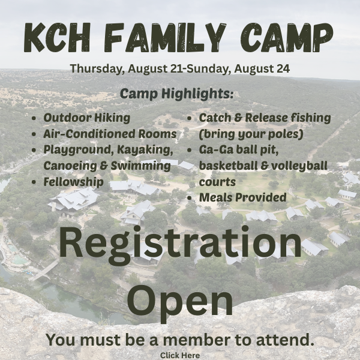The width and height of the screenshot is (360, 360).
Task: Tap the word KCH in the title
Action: pos(57,37)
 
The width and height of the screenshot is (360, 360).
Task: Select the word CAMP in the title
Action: pos(287,37)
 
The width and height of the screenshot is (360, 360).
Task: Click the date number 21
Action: pos(178,68)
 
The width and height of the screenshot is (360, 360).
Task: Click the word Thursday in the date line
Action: pos(96,68)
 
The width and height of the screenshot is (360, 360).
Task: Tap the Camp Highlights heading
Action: pos(176,94)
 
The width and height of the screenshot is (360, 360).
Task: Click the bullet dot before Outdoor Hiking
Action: pos(34,118)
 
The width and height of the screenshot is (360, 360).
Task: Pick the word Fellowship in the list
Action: pos(74,182)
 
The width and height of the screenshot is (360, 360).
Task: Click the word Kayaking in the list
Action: pos(145,150)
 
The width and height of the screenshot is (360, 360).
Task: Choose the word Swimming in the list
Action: pos(141,166)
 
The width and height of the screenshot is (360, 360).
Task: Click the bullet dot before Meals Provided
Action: pos(190,198)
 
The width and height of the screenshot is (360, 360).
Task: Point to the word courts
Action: pos(217,182)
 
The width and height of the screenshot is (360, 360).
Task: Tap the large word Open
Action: pos(180,301)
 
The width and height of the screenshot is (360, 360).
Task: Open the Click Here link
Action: pos(180,355)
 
